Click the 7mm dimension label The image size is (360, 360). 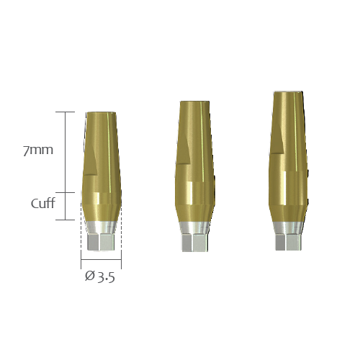(x=38, y=150)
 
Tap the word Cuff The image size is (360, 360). (x=43, y=203)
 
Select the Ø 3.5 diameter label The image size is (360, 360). (x=100, y=276)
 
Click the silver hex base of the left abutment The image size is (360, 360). (x=101, y=242)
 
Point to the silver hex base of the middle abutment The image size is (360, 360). (x=195, y=243)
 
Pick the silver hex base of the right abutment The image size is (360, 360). (x=288, y=242)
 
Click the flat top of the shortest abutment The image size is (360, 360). (x=102, y=112)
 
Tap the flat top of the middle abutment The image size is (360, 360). (x=195, y=102)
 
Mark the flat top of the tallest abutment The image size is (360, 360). (x=288, y=92)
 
